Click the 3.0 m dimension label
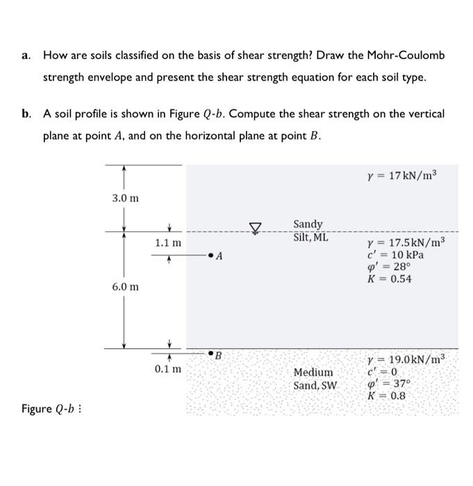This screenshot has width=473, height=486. click(x=125, y=199)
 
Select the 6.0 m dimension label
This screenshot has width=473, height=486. click(x=125, y=287)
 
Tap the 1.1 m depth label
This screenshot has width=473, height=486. click(x=169, y=243)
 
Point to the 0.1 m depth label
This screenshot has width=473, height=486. click(x=169, y=369)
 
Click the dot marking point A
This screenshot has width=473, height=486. click(x=211, y=256)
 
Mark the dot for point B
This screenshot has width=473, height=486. click(x=210, y=353)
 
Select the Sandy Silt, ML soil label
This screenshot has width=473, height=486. click(x=310, y=231)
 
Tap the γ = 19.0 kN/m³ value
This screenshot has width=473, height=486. click(x=406, y=360)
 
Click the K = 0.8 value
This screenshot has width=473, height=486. click(x=386, y=396)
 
